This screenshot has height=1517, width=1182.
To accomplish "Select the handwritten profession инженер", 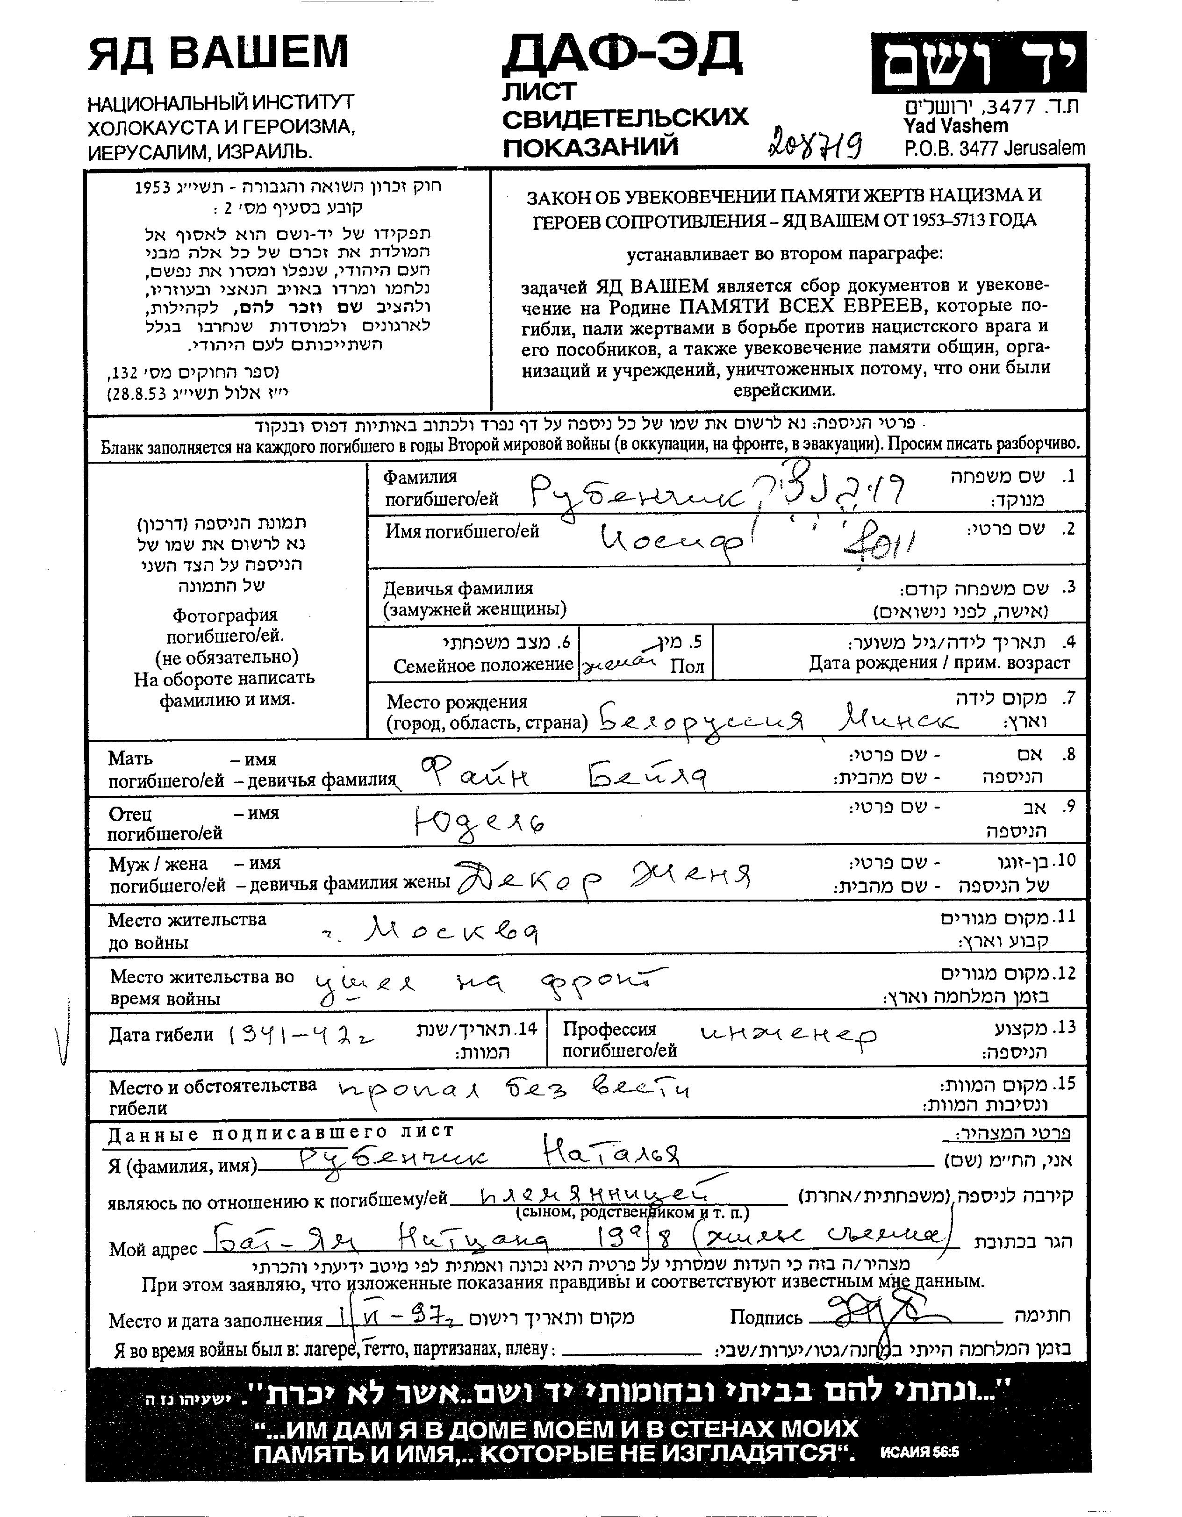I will tap(788, 1037).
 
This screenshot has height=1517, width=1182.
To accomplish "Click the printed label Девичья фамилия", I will tap(458, 588).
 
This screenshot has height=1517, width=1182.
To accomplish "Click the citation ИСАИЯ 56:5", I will tap(919, 1453).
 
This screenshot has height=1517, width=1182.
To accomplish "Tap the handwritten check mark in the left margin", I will tap(63, 1040).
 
